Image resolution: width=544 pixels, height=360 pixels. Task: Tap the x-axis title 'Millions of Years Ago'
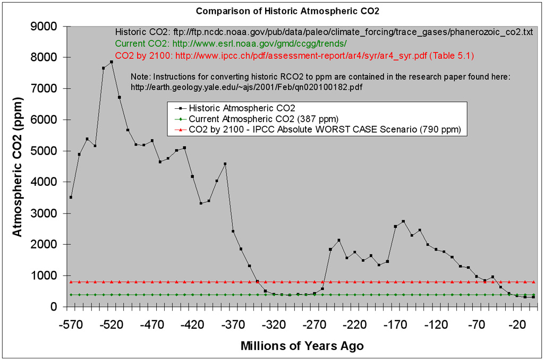point(302,346)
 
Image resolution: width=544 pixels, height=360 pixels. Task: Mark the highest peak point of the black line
point(112,62)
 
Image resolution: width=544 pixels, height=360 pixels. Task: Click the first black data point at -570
point(71,197)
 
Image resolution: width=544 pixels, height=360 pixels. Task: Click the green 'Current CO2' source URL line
point(231,44)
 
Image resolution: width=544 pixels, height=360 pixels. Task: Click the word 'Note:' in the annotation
point(141,77)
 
